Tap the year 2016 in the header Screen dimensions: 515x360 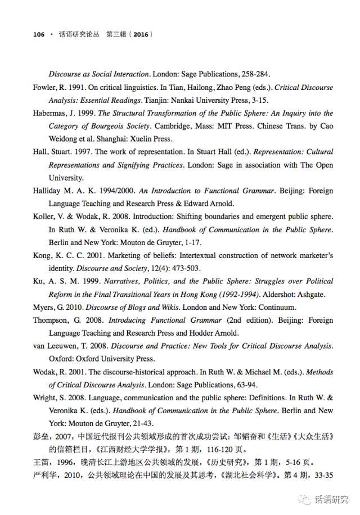click(141, 34)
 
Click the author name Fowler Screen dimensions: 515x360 click(46, 88)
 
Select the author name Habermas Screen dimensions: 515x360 click(51, 113)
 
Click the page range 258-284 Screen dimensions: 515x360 click(254, 74)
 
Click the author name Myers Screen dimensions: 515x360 click(45, 308)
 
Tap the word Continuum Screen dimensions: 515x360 click(276, 308)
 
